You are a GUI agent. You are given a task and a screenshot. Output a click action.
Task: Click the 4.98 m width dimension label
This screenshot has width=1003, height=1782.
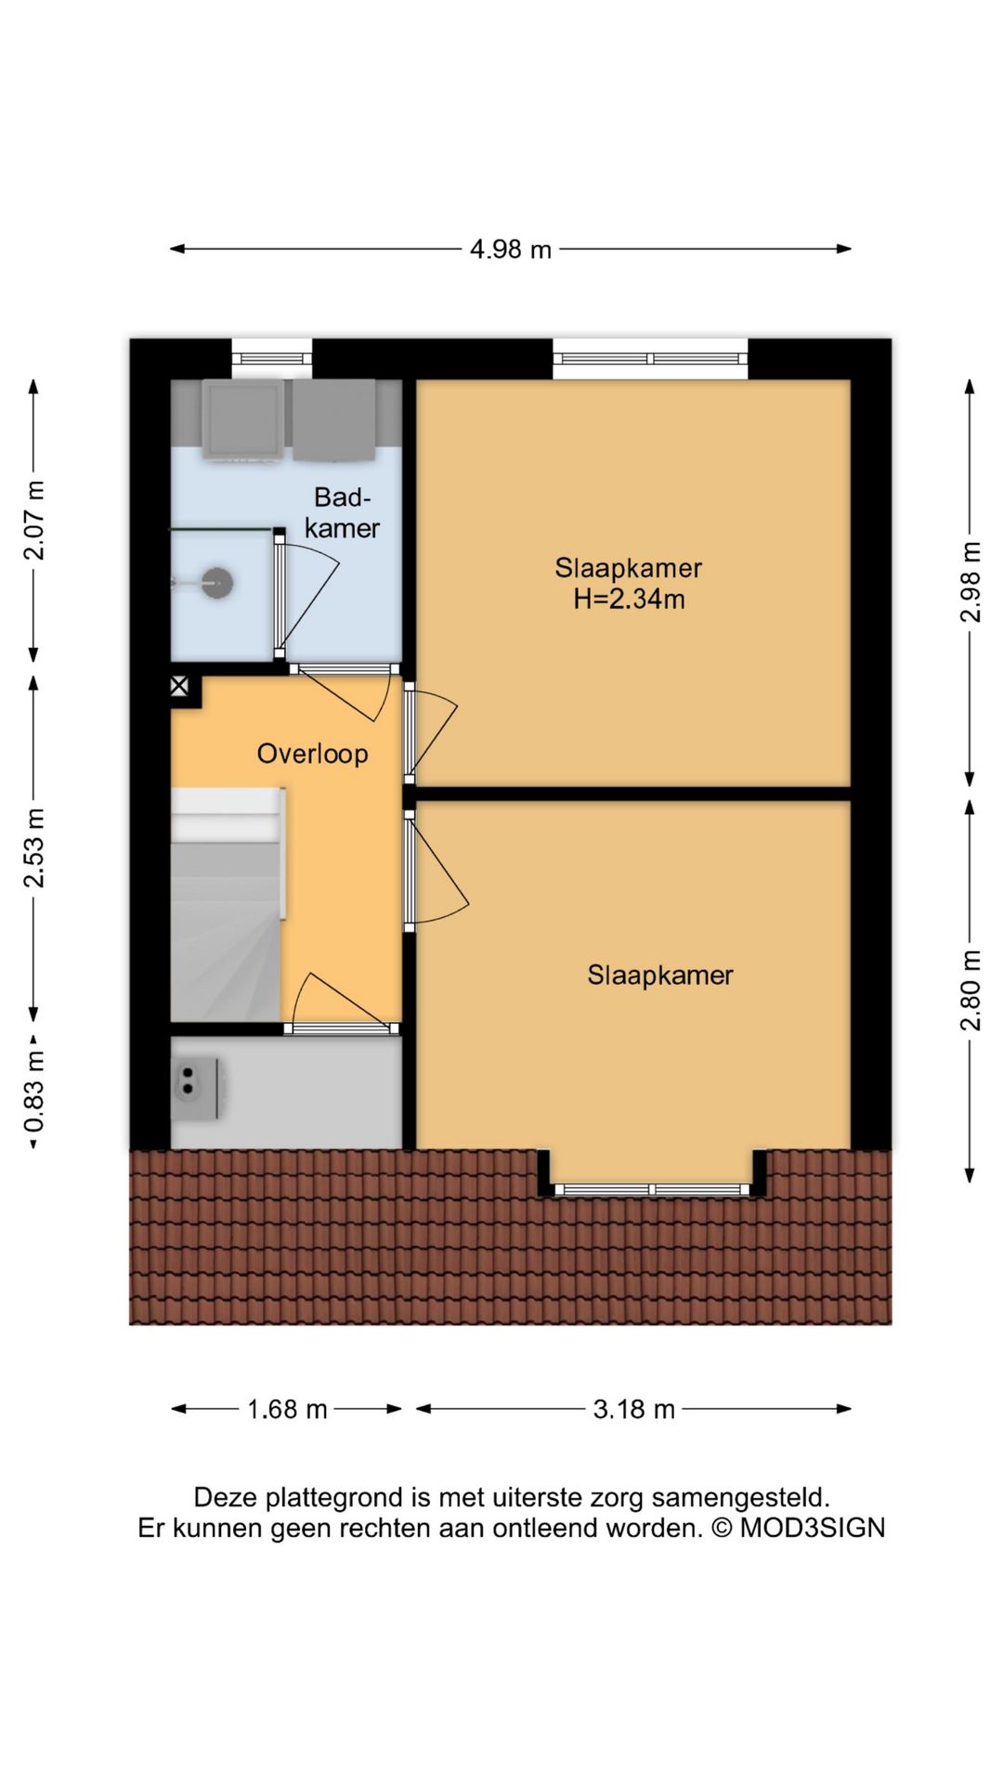[x=511, y=249]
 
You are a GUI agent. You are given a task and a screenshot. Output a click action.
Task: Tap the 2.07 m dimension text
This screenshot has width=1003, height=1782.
[x=33, y=521]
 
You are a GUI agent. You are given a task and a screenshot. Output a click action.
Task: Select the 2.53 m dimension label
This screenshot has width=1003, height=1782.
[x=33, y=848]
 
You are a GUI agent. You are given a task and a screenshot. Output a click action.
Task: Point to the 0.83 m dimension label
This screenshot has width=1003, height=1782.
[x=33, y=1092]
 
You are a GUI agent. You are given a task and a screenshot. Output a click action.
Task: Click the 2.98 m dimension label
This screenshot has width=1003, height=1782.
[x=970, y=582]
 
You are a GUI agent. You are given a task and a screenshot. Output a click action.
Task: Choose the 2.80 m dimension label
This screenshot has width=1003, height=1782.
[x=970, y=990]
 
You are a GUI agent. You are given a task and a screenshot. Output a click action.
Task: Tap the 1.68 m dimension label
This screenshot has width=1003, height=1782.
[x=287, y=1409]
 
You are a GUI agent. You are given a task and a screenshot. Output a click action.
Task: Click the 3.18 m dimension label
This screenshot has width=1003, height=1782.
[x=634, y=1409]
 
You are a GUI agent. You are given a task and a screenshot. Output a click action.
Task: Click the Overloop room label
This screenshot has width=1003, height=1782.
[x=312, y=754]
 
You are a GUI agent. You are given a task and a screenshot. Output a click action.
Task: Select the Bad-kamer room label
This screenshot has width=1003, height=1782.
[x=342, y=512]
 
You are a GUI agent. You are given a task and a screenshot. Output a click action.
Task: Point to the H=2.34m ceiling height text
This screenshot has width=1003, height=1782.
[x=629, y=599]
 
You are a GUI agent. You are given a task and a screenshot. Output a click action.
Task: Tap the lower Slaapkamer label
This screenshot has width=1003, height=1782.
[x=660, y=975]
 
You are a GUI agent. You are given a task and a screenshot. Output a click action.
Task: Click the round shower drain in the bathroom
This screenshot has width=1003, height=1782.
[x=217, y=583]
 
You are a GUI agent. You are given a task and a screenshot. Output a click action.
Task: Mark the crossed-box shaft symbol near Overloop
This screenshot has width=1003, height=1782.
[x=179, y=687]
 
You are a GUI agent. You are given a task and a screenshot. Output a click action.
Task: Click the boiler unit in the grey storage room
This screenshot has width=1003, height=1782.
[x=198, y=1088]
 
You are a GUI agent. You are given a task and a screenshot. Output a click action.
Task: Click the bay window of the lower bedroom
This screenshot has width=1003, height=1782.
[x=652, y=1189]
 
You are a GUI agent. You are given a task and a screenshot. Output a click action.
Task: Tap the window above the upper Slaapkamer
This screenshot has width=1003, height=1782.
[x=650, y=359]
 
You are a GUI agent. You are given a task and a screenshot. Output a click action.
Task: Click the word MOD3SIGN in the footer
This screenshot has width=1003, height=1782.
[x=813, y=1528]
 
